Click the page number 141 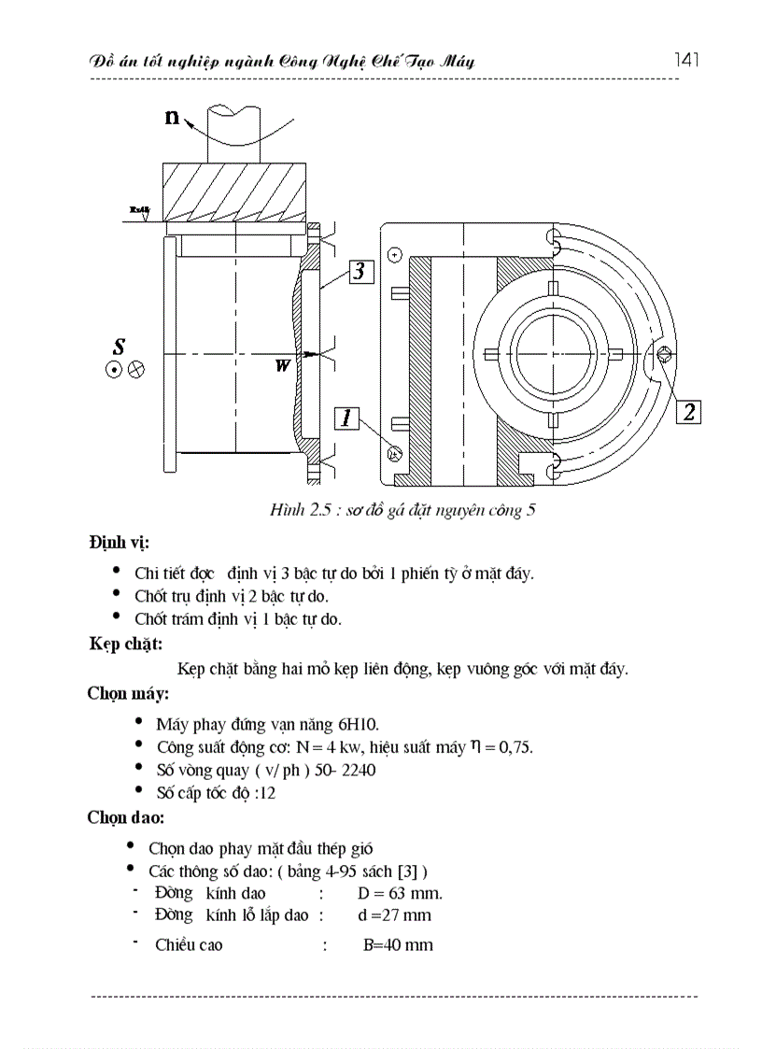686,61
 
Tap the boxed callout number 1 346,418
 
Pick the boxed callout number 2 688,411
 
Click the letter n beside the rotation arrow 173,117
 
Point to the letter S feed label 120,345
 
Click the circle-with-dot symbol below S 113,369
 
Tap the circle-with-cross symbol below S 136,369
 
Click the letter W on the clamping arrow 281,366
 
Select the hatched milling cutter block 234,191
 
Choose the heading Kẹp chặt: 126,644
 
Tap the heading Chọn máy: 128,694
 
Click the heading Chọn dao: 126,817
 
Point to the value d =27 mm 394,915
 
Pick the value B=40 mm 398,944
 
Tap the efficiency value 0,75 513,747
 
